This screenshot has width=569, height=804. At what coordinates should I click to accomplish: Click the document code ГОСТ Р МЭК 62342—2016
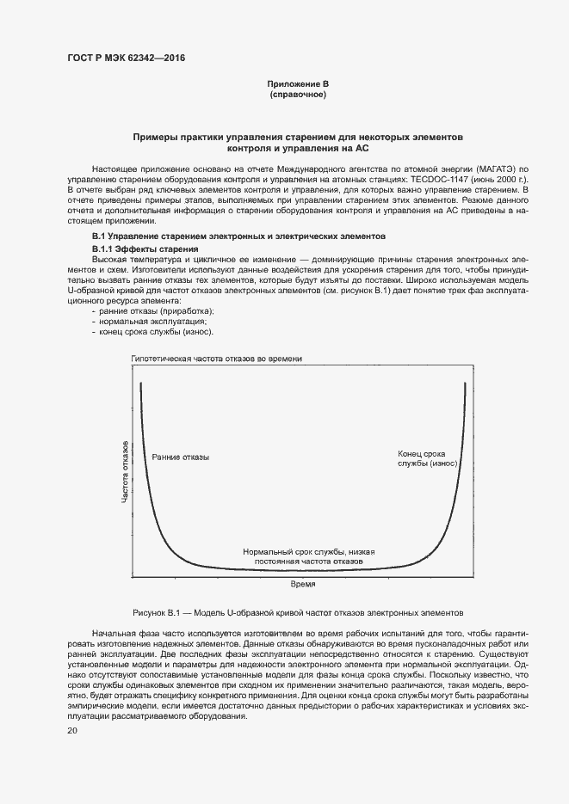[126, 58]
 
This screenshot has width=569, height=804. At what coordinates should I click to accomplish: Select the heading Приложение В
[298, 83]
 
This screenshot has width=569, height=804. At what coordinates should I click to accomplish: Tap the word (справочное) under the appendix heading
[298, 95]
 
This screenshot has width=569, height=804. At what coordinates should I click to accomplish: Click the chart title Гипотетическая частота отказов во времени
[216, 359]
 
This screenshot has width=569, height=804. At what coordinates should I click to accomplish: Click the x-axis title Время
[301, 584]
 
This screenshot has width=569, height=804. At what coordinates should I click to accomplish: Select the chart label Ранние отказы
[180, 457]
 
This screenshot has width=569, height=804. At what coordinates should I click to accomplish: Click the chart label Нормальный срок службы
[308, 555]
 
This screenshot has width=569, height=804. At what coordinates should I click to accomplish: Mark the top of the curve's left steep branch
[140, 384]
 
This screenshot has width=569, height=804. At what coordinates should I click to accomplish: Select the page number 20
[72, 731]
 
